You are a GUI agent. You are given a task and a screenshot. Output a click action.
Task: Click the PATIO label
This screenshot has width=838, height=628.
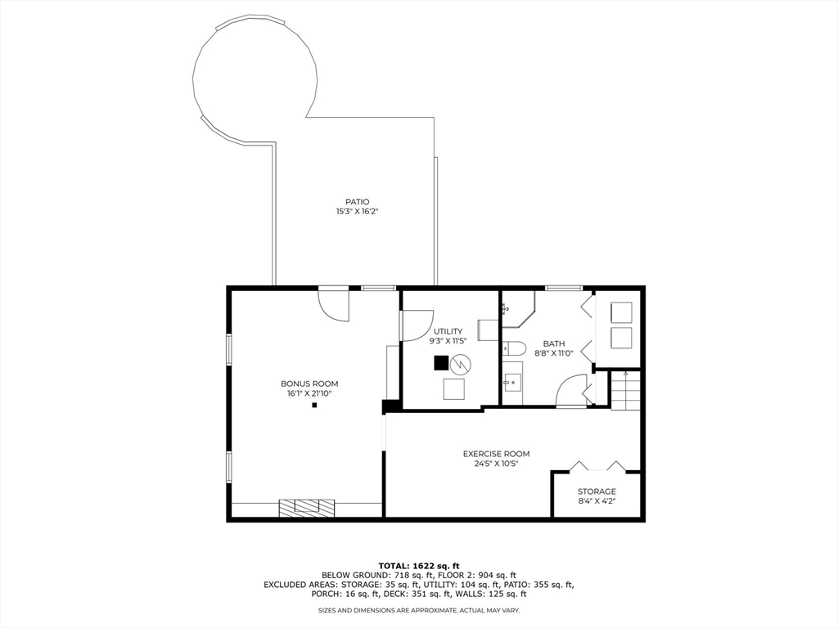(x=357, y=202)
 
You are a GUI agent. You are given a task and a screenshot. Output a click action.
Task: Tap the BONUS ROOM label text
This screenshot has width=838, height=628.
(x=309, y=384)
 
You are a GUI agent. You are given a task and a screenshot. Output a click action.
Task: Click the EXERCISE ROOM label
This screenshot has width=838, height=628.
(x=496, y=454)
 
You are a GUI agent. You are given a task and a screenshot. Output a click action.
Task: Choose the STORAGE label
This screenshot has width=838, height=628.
(x=597, y=491)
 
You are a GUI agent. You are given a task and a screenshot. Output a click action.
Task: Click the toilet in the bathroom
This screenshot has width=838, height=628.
(x=514, y=348)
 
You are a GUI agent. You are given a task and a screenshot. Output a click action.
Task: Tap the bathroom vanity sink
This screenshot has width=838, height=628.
(x=512, y=381)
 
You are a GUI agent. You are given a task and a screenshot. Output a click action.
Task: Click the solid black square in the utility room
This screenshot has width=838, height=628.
(x=441, y=363)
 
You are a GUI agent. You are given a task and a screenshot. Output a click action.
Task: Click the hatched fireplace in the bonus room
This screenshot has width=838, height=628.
(x=306, y=508)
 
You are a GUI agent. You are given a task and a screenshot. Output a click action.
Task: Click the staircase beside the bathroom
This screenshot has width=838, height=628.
(x=625, y=390)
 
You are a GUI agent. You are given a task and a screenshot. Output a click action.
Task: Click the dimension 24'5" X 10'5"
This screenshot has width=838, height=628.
(x=496, y=464)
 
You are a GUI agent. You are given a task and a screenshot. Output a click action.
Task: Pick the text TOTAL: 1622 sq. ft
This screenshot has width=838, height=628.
(x=419, y=566)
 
